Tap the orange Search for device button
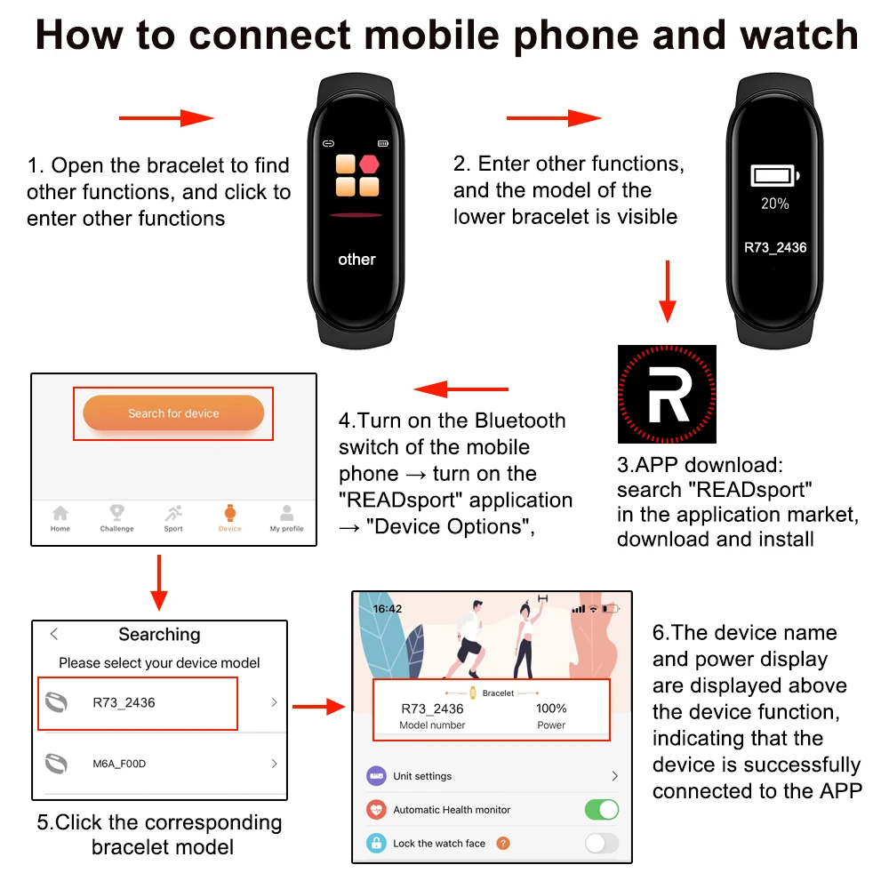coord(173,413)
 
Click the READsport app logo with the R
coord(667,394)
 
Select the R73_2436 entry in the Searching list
coord(124,702)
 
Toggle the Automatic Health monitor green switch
coord(601,810)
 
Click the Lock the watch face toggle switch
coord(601,843)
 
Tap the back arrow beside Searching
coord(54,634)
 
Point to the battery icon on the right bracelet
coord(775,175)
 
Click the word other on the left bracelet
coord(356,260)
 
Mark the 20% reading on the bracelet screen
coord(775,204)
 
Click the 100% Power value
coord(551,709)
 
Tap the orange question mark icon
coord(503,843)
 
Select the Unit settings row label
coord(422,776)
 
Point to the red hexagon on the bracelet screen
coord(369,164)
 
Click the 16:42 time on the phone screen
coord(388,609)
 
